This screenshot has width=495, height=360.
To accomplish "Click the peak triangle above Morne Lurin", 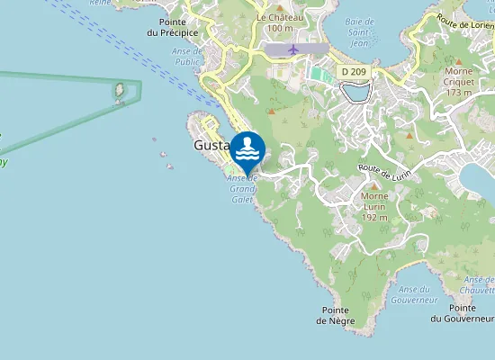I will pos(374,185).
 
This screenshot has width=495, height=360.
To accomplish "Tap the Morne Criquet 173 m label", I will pos(459,81).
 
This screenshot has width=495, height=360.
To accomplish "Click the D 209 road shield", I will pos(352,70).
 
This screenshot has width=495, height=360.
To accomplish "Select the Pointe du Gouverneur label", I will pos(463,313).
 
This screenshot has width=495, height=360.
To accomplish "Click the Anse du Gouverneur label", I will pos(418,294).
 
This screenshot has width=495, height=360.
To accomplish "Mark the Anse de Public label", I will pos(188,82).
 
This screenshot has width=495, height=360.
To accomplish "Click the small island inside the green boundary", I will pos(118,91).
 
